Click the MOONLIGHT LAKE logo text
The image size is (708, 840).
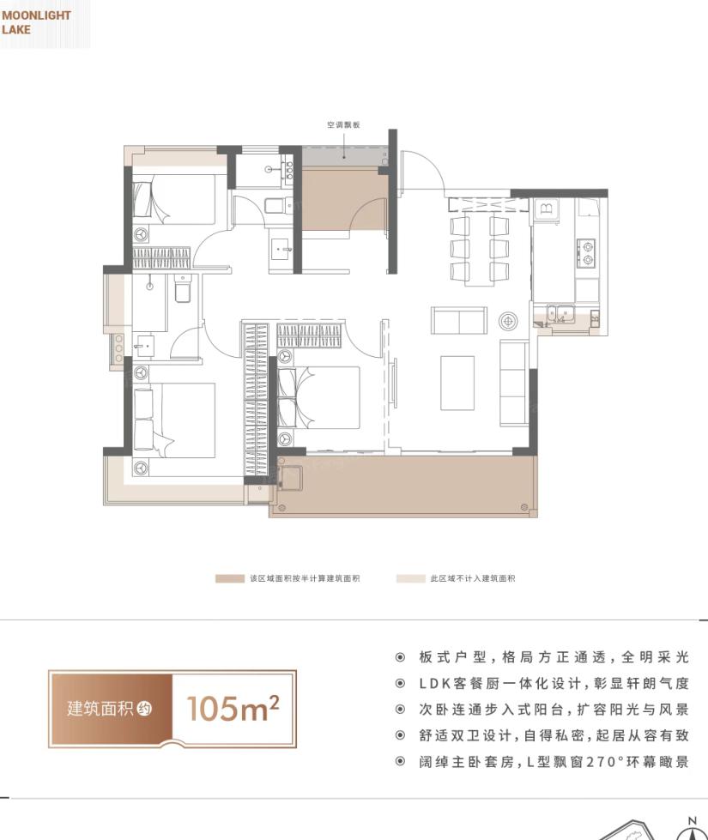tap(36, 22)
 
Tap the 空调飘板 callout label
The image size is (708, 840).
tap(343, 124)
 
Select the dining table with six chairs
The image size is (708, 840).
tap(480, 247)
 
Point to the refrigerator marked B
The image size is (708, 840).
tap(546, 210)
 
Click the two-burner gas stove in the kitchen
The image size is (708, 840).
tap(585, 253)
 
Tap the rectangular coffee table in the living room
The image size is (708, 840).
tap(457, 383)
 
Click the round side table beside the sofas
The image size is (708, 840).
tap(508, 321)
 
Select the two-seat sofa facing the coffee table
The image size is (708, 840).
tap(459, 320)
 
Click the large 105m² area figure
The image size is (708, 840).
tap(233, 708)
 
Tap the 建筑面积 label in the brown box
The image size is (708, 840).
tap(100, 708)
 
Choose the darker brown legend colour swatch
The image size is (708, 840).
tap(229, 578)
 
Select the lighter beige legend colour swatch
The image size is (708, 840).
tap(410, 578)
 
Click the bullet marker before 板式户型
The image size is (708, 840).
tap(400, 657)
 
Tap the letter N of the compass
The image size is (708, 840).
tap(692, 821)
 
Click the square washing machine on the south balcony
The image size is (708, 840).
tap(289, 478)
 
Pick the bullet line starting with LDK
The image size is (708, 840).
tap(554, 684)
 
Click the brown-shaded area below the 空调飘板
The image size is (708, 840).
tap(345, 199)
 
